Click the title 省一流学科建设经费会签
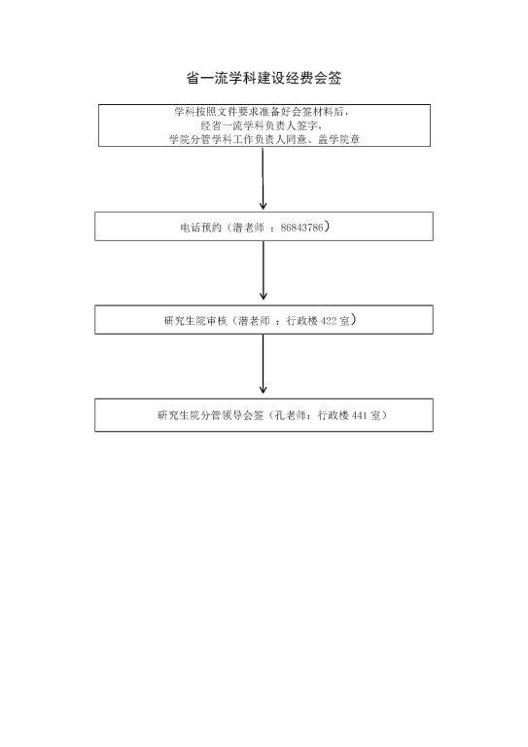(x=264, y=78)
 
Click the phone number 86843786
(x=301, y=228)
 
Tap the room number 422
(x=329, y=321)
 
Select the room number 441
(x=360, y=415)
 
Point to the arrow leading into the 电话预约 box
(x=263, y=179)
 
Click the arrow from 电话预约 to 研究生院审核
(x=264, y=270)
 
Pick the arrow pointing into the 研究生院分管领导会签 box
(x=264, y=364)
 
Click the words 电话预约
(x=200, y=228)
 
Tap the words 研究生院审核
(x=195, y=321)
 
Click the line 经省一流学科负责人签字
(x=261, y=125)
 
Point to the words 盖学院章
(x=338, y=140)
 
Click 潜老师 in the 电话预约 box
(x=249, y=228)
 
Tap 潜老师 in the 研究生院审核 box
(x=254, y=321)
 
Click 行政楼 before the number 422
(x=301, y=321)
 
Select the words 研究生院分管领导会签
(x=210, y=415)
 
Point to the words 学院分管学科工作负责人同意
(x=237, y=140)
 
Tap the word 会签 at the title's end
(x=328, y=78)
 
